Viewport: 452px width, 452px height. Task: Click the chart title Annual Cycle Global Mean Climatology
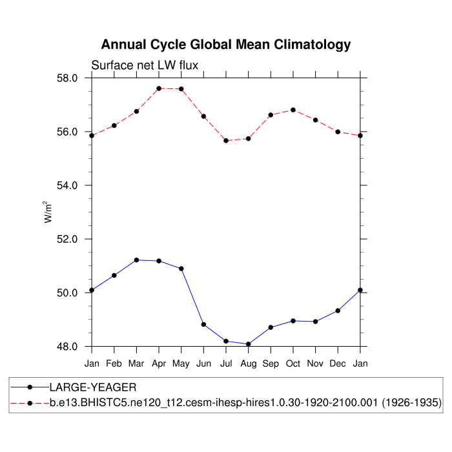(226, 45)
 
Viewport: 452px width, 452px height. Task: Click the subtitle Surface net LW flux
(145, 65)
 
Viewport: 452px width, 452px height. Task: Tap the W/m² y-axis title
(48, 212)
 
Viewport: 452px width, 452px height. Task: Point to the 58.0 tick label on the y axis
(68, 78)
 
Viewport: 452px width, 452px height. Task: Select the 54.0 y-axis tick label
(68, 185)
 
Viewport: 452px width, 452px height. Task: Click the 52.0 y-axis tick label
(68, 239)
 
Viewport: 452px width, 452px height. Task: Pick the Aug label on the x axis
(249, 364)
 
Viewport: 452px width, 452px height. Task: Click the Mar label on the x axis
(136, 364)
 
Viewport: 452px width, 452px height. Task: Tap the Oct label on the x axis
(293, 364)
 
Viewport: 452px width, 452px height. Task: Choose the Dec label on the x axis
(338, 364)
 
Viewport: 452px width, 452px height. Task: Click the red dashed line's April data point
(159, 88)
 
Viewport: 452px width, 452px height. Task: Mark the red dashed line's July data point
(226, 141)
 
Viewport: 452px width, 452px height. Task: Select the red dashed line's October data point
(293, 110)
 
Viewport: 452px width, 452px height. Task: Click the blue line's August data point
(249, 344)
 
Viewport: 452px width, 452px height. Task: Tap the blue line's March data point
(136, 260)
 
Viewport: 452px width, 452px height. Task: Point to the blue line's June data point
(203, 324)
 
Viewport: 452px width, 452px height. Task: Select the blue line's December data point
(338, 311)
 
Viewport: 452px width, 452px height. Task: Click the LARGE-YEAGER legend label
(93, 387)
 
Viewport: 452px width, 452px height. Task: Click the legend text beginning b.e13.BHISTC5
(245, 403)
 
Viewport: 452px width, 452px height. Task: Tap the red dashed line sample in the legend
(30, 403)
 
